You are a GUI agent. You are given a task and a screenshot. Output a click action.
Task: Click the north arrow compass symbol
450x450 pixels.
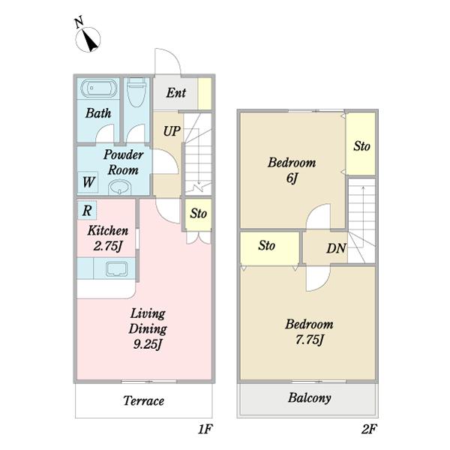point(88,39)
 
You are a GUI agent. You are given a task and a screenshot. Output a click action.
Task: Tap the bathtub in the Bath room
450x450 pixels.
point(99,88)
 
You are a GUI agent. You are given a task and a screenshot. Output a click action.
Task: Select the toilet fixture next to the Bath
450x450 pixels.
point(136,92)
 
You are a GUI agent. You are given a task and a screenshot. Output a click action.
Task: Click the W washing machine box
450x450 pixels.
point(88,182)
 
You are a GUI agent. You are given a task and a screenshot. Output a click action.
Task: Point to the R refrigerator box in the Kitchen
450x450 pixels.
point(87,210)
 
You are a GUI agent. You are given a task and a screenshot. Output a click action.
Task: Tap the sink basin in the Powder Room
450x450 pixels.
point(119,187)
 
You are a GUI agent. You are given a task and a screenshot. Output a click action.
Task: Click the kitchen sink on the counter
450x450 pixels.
point(116,269)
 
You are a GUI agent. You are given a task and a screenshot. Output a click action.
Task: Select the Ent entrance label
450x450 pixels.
point(176,93)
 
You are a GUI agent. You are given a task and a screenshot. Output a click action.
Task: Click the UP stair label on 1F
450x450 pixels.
point(172,131)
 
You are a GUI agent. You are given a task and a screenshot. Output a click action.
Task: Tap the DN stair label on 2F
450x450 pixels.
point(336,248)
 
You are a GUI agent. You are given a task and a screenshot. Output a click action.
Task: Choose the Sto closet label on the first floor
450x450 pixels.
point(198,214)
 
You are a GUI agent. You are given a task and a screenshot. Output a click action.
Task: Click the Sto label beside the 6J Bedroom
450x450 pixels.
point(361,146)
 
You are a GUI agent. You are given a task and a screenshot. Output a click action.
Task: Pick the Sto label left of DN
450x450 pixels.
point(266,246)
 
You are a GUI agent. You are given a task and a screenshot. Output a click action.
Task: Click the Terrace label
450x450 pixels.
point(143,401)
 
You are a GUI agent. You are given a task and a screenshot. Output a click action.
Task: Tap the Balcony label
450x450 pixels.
point(309,398)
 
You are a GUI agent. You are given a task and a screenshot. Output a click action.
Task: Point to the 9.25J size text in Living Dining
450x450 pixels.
point(148,344)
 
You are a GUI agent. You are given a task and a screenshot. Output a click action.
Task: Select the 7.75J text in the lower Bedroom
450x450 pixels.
point(309,340)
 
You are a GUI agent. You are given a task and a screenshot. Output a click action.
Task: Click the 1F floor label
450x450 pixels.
point(205,429)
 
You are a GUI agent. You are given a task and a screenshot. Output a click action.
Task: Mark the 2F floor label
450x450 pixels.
point(369,429)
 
